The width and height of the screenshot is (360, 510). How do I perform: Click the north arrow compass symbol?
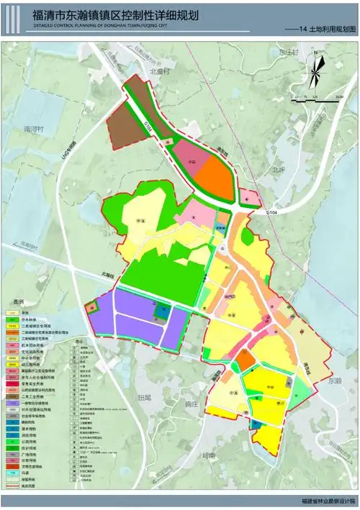coord(315,69)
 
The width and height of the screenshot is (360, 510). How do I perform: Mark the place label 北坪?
coord(279,170)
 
